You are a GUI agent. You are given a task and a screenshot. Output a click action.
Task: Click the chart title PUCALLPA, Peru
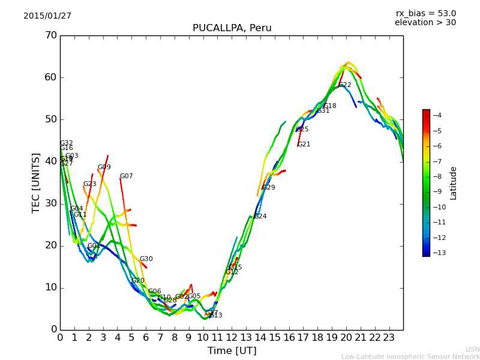tap(232, 28)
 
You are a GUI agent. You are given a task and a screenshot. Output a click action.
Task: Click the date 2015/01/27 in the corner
tap(47, 16)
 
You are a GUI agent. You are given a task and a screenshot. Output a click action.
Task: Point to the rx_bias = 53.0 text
tap(425, 13)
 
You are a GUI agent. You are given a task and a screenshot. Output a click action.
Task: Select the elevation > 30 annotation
tap(425, 23)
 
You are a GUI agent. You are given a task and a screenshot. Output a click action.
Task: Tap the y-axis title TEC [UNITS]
tap(36, 182)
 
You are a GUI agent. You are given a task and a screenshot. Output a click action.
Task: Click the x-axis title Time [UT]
tap(232, 350)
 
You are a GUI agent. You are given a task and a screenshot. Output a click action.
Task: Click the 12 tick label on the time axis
tap(232, 337)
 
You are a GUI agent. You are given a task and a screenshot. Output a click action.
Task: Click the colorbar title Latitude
tap(454, 183)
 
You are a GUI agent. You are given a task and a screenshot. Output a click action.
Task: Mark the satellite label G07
tap(126, 176)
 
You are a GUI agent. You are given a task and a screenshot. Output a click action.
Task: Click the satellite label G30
tap(146, 259)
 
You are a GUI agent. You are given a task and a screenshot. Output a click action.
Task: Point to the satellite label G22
tap(345, 85)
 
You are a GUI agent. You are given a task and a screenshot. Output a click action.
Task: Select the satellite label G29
tap(269, 188)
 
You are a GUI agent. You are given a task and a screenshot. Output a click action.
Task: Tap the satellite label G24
tap(260, 217)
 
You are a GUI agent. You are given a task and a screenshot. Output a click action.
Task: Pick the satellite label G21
tap(304, 145)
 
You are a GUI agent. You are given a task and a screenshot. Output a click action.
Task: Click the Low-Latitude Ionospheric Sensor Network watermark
tap(410, 356)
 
